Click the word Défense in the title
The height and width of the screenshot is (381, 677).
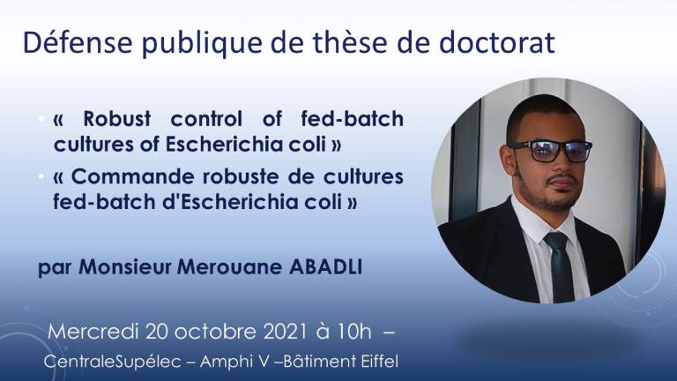pyautogui.click(x=78, y=42)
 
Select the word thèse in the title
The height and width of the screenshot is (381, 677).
pyautogui.click(x=350, y=42)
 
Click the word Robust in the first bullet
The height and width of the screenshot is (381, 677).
pyautogui.click(x=117, y=118)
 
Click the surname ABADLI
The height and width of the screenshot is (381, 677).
pyautogui.click(x=325, y=267)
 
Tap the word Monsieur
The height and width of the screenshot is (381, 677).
pyautogui.click(x=125, y=267)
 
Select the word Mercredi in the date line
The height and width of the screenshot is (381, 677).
pyautogui.click(x=93, y=332)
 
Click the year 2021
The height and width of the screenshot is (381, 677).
pyautogui.click(x=286, y=332)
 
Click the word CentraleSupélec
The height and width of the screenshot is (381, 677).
pyautogui.click(x=112, y=362)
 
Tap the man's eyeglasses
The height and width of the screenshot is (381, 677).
pyautogui.click(x=551, y=151)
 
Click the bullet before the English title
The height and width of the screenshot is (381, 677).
pyautogui.click(x=41, y=118)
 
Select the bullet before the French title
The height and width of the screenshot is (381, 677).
pyautogui.click(x=41, y=176)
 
